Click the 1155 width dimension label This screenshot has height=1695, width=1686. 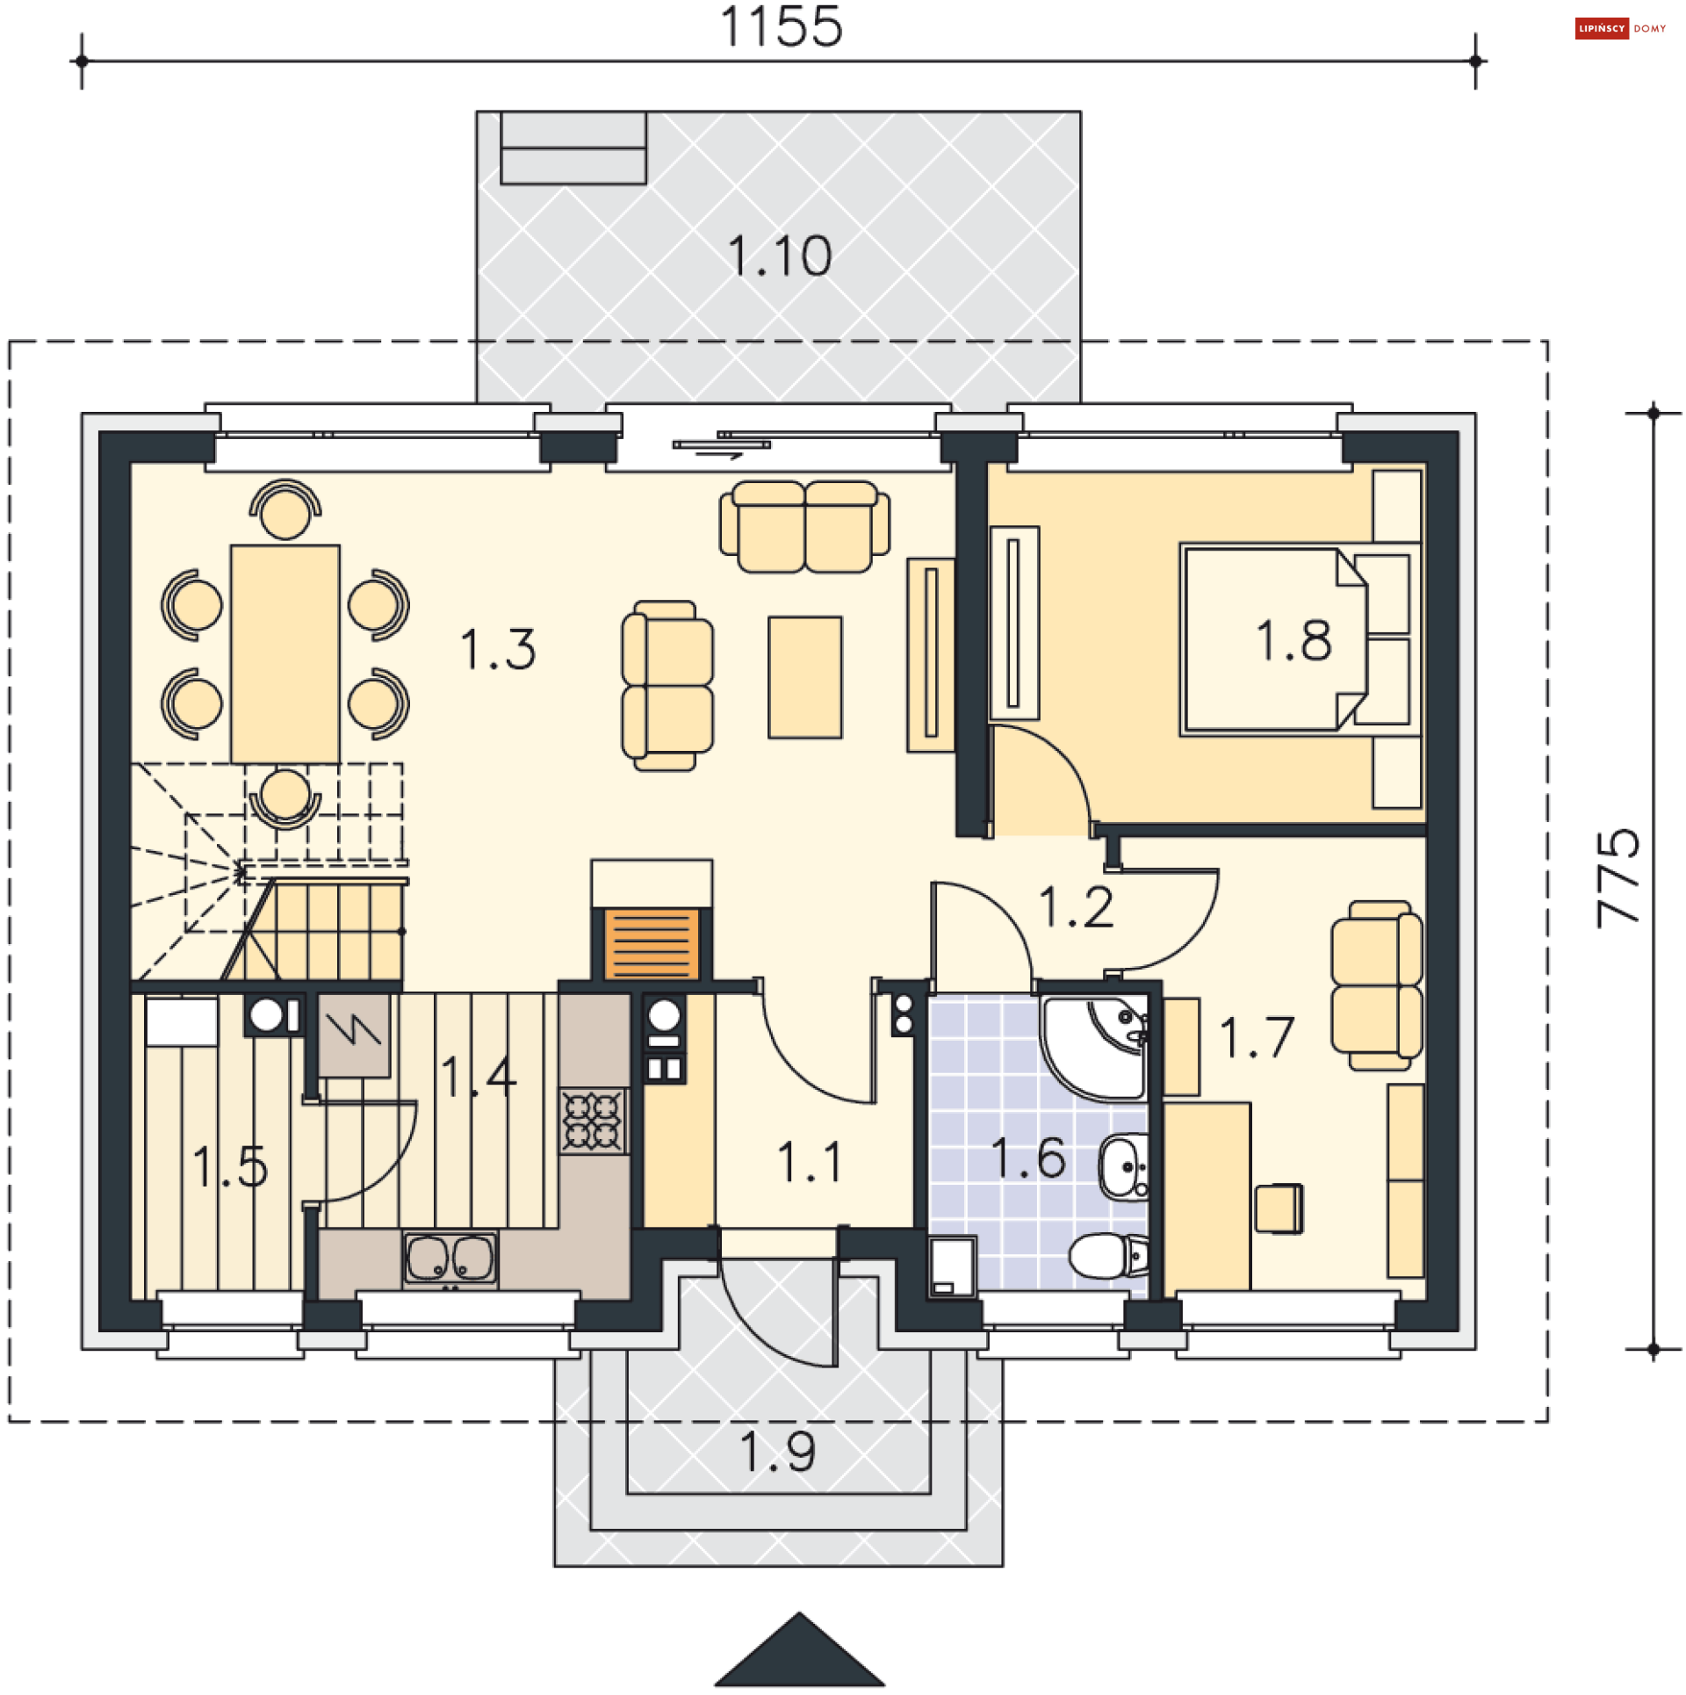[x=781, y=26]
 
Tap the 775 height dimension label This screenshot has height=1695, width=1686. [x=1618, y=877]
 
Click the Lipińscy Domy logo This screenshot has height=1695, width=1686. [x=1620, y=29]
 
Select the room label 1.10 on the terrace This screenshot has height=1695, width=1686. [x=780, y=256]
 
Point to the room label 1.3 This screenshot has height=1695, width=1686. [x=498, y=649]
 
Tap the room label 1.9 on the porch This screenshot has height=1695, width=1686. [x=778, y=1451]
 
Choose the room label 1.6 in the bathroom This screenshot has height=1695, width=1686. [x=1028, y=1158]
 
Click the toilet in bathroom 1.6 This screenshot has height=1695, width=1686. [x=1109, y=1256]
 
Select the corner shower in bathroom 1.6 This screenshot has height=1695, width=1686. [x=1094, y=1047]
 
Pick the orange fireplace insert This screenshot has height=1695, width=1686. [x=652, y=944]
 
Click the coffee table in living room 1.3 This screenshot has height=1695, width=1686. [x=805, y=677]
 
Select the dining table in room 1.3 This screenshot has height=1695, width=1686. [x=285, y=654]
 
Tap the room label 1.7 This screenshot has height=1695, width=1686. [x=1257, y=1036]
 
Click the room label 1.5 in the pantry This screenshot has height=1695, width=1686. [x=230, y=1166]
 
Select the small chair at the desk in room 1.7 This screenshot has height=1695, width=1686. [x=1279, y=1208]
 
